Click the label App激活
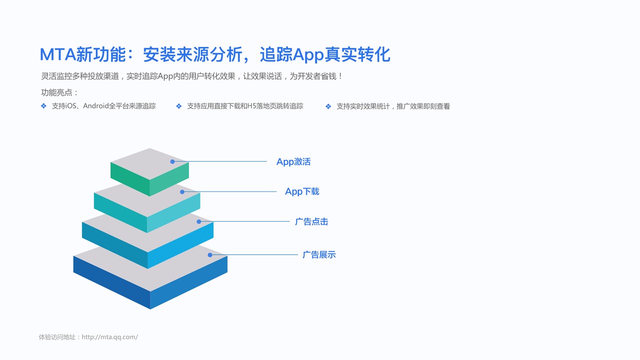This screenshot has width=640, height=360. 293,161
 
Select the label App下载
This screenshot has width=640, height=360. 302,191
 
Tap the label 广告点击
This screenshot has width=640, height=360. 311,221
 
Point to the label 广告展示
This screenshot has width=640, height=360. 319,254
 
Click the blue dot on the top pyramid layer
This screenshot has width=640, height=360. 172,161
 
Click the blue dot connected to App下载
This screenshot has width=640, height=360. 182,192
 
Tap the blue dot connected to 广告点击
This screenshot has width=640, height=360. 199,221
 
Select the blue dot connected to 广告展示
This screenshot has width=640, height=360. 210,255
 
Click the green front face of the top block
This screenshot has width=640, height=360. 130,178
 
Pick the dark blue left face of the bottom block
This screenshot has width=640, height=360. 111,281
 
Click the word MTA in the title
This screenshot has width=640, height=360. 57,54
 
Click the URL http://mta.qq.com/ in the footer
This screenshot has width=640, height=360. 109,337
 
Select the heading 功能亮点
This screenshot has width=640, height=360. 56,92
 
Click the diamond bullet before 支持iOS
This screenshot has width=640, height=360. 43,106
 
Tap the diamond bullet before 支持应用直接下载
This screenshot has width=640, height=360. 179,106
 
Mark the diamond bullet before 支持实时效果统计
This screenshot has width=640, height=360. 328,106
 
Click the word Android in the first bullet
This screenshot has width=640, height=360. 95,106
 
